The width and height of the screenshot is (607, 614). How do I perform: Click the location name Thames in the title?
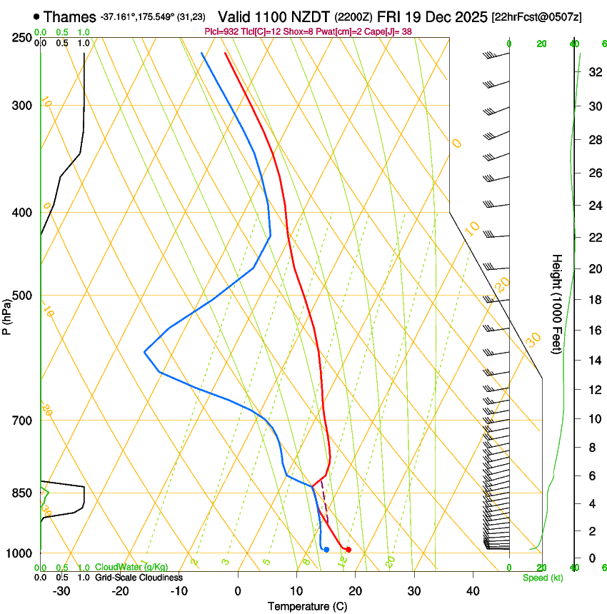[x=69, y=16]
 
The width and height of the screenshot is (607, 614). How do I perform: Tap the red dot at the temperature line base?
[x=348, y=549]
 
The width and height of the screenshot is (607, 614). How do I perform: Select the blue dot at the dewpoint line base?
[x=326, y=549]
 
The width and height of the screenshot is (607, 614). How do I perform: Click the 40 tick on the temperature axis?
[x=472, y=591]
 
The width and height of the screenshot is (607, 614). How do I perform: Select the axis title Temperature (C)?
[x=307, y=606]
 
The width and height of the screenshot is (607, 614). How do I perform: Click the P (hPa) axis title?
[x=6, y=312]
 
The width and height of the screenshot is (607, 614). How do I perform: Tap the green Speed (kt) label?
[x=542, y=578]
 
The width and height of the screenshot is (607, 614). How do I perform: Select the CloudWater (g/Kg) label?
[x=131, y=568]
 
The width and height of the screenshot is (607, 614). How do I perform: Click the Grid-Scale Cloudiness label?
[x=139, y=577]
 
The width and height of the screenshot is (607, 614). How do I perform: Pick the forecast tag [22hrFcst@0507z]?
[x=536, y=16]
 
